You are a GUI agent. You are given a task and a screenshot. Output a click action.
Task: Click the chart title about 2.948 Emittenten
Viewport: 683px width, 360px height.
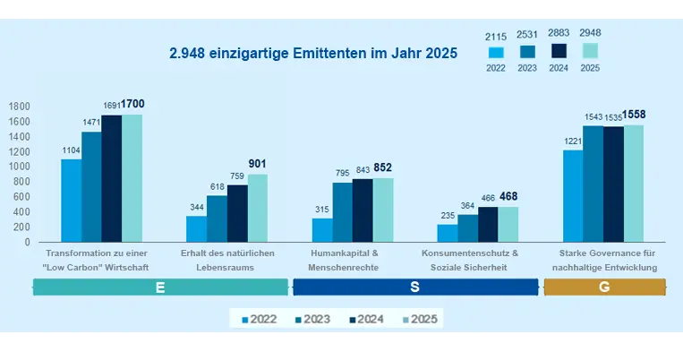point(313,54)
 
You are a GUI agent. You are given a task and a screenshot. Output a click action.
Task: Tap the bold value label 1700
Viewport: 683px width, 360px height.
point(132,105)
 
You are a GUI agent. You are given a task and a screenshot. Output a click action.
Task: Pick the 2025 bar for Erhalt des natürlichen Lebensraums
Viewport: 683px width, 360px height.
point(257,208)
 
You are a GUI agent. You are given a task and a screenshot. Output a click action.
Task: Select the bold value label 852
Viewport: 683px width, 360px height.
point(382,167)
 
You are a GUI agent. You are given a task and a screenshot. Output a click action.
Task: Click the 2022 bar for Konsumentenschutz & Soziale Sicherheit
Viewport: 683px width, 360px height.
point(447,233)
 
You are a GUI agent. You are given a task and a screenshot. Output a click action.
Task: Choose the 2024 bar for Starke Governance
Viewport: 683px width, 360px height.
point(613,184)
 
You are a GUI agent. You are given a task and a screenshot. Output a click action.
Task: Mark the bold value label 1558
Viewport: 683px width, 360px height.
point(633,115)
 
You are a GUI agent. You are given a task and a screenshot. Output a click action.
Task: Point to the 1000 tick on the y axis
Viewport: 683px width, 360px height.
point(19,167)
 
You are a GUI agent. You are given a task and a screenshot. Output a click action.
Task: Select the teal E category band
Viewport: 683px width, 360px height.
point(160,287)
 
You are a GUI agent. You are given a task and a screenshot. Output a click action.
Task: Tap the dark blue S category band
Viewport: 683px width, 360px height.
point(415,287)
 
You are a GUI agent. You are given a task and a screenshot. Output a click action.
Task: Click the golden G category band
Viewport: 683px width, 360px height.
point(605,287)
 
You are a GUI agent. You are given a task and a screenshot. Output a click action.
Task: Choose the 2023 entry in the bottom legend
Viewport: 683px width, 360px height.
point(312,318)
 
